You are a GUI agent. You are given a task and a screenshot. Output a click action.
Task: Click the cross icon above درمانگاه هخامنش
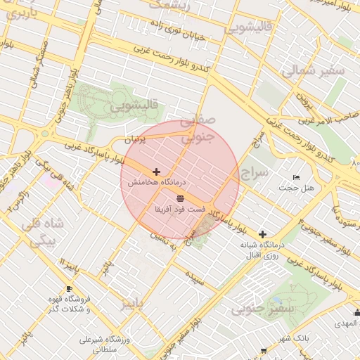pyautogui.click(x=156, y=172)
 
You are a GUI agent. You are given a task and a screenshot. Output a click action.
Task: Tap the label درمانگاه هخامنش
pyautogui.click(x=150, y=181)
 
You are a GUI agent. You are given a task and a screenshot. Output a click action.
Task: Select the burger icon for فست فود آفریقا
pyautogui.click(x=181, y=198)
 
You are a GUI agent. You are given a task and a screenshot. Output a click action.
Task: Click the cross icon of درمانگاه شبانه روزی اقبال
pyautogui.click(x=263, y=234)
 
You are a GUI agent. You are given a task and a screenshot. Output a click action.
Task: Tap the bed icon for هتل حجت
pyautogui.click(x=296, y=177)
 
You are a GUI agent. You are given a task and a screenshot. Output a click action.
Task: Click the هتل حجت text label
pyautogui.click(x=297, y=188)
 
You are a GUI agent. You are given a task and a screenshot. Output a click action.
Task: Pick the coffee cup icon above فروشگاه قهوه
pyautogui.click(x=69, y=288)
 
